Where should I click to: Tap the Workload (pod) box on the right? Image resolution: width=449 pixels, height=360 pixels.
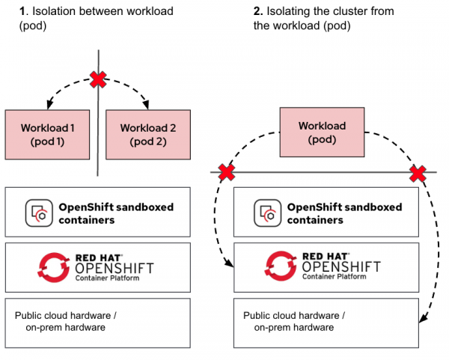322,132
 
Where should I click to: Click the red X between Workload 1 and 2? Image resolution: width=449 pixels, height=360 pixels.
98,79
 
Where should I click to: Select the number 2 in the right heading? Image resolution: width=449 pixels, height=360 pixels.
236,11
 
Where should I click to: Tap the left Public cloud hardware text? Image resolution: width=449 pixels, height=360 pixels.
65,321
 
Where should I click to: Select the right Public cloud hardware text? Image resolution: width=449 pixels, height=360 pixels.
293,321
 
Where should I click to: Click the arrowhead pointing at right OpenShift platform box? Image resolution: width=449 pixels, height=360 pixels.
230,264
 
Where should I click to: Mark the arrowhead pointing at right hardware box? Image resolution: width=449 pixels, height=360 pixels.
423,320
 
